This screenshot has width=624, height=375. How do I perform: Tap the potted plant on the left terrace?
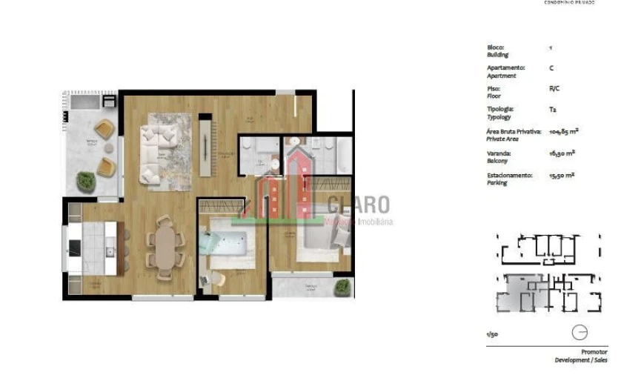[x=86, y=180]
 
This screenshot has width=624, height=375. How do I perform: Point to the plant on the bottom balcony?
[x=342, y=287]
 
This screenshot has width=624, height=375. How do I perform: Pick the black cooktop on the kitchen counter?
[x=76, y=248]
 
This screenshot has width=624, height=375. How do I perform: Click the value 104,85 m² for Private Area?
[x=563, y=131]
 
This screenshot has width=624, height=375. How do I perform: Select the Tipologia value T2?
[x=552, y=110]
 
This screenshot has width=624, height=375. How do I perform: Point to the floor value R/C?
[x=554, y=88]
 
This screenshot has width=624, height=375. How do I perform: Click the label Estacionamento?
[x=510, y=176]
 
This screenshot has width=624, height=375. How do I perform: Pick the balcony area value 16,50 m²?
[x=562, y=153]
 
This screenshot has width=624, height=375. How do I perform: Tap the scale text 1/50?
[x=492, y=335]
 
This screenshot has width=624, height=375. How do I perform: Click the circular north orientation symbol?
[x=580, y=333]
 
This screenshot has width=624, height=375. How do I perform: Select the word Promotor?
[x=594, y=352]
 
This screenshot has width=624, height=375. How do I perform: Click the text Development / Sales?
[x=581, y=360]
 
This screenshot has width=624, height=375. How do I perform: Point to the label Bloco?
[x=495, y=47]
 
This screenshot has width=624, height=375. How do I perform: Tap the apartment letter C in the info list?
[x=551, y=68]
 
